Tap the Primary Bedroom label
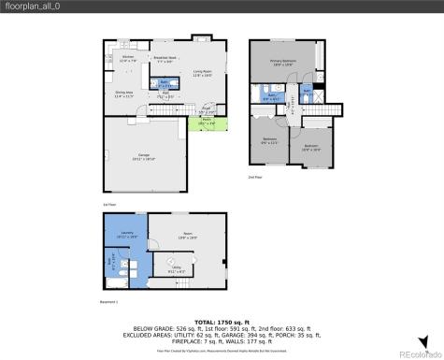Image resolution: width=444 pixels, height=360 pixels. click(282, 64)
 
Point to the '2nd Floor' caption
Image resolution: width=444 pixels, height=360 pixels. click(255, 176)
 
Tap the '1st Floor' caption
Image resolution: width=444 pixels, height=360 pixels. click(108, 202)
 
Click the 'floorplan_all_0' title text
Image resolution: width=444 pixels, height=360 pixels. click(29, 7)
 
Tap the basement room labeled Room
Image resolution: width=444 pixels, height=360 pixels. click(187, 236)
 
